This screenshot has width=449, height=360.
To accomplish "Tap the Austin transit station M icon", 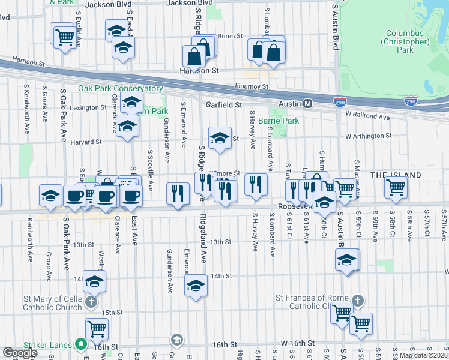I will click(308, 104).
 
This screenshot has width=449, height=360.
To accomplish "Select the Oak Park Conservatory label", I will click(120, 88).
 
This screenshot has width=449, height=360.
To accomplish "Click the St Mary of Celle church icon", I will click(91, 302).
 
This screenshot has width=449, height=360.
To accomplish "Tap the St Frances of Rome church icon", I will click(357, 301).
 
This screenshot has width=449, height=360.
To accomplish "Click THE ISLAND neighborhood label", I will click(395, 175).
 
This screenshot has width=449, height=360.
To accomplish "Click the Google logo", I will click(20, 353).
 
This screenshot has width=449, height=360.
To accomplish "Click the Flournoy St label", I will click(252, 86).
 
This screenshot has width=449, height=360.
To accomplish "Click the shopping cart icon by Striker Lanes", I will click(97, 329).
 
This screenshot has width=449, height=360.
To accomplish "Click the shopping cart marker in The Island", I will click(396, 187).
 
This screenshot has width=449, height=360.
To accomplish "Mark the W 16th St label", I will click(294, 343).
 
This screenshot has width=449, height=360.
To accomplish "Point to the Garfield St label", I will click(223, 104).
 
